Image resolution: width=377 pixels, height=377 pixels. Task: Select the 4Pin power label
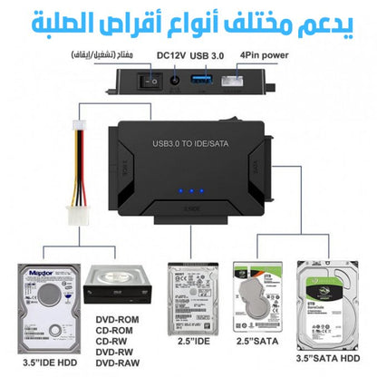[x=264, y=54]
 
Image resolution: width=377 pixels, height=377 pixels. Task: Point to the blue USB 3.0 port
[x=206, y=79]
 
